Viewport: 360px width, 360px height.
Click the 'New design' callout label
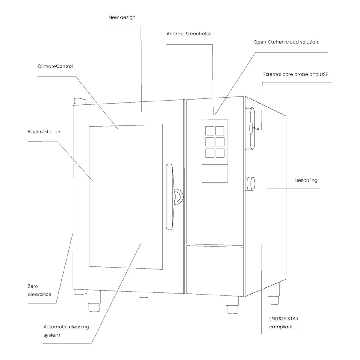click(122, 17)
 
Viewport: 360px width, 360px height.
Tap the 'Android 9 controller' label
click(189, 34)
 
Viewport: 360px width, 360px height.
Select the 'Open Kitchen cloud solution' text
click(286, 42)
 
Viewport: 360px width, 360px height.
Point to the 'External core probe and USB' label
click(296, 74)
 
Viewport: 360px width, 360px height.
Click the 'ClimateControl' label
click(55, 66)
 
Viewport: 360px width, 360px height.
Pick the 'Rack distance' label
click(44, 131)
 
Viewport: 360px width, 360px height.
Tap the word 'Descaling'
click(306, 181)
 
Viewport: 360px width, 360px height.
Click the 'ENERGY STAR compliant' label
click(284, 322)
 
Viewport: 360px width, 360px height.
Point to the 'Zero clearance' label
click(39, 290)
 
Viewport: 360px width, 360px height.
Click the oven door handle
click(169, 197)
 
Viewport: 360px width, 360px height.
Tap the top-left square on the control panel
click(210, 130)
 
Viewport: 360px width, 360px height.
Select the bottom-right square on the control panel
click(220, 153)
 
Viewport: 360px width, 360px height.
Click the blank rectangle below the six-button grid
click(215, 175)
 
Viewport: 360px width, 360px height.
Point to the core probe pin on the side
click(255, 128)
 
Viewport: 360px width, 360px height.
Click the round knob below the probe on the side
click(250, 184)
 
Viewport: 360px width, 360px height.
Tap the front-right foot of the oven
click(232, 304)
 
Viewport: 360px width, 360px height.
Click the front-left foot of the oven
click(94, 301)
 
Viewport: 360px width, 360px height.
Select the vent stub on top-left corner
click(80, 101)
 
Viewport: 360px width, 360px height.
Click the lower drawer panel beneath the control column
click(215, 271)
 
